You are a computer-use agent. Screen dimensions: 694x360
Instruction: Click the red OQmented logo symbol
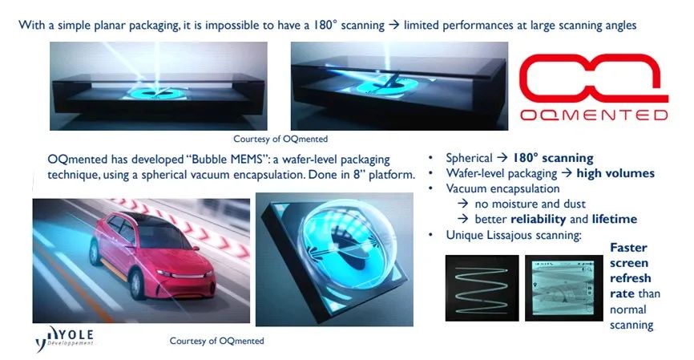[x=593, y=78]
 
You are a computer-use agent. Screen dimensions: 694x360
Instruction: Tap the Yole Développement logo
[x=65, y=338]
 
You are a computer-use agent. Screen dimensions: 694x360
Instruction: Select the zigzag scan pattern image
[x=482, y=288]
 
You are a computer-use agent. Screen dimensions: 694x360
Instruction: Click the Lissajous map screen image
[x=564, y=288]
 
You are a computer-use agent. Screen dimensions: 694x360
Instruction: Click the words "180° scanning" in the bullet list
[x=553, y=158]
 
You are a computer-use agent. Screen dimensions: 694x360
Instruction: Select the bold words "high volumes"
[x=615, y=173]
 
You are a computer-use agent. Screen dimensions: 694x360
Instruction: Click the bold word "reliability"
[x=538, y=219]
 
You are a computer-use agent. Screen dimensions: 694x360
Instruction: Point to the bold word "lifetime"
[x=615, y=219]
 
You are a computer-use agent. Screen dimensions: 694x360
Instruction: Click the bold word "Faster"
[x=628, y=248]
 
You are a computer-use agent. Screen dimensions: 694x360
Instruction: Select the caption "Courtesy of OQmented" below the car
[x=217, y=341]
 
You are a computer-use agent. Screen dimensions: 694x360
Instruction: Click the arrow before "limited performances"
[x=394, y=25]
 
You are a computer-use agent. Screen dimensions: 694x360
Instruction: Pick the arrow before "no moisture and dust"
[x=463, y=204]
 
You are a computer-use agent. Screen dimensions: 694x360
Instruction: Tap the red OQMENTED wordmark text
[x=594, y=115]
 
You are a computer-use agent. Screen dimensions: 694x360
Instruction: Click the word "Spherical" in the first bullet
[x=469, y=158]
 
